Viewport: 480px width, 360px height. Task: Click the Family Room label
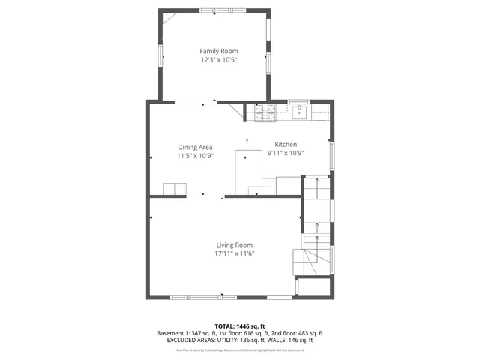[218, 51]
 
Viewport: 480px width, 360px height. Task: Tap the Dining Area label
[195, 147]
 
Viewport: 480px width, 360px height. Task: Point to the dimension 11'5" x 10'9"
[195, 156]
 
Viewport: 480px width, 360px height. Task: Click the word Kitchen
[286, 144]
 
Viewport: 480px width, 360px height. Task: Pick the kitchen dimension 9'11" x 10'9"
[286, 153]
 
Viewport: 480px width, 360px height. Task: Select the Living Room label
[235, 244]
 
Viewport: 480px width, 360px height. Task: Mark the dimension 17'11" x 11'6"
[235, 253]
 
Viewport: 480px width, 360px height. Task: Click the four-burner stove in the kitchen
[265, 113]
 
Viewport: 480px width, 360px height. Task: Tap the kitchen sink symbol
[299, 113]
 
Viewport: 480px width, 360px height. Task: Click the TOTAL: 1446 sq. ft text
[239, 326]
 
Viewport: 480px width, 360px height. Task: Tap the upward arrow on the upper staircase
[317, 181]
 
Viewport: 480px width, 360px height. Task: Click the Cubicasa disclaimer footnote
[239, 349]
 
